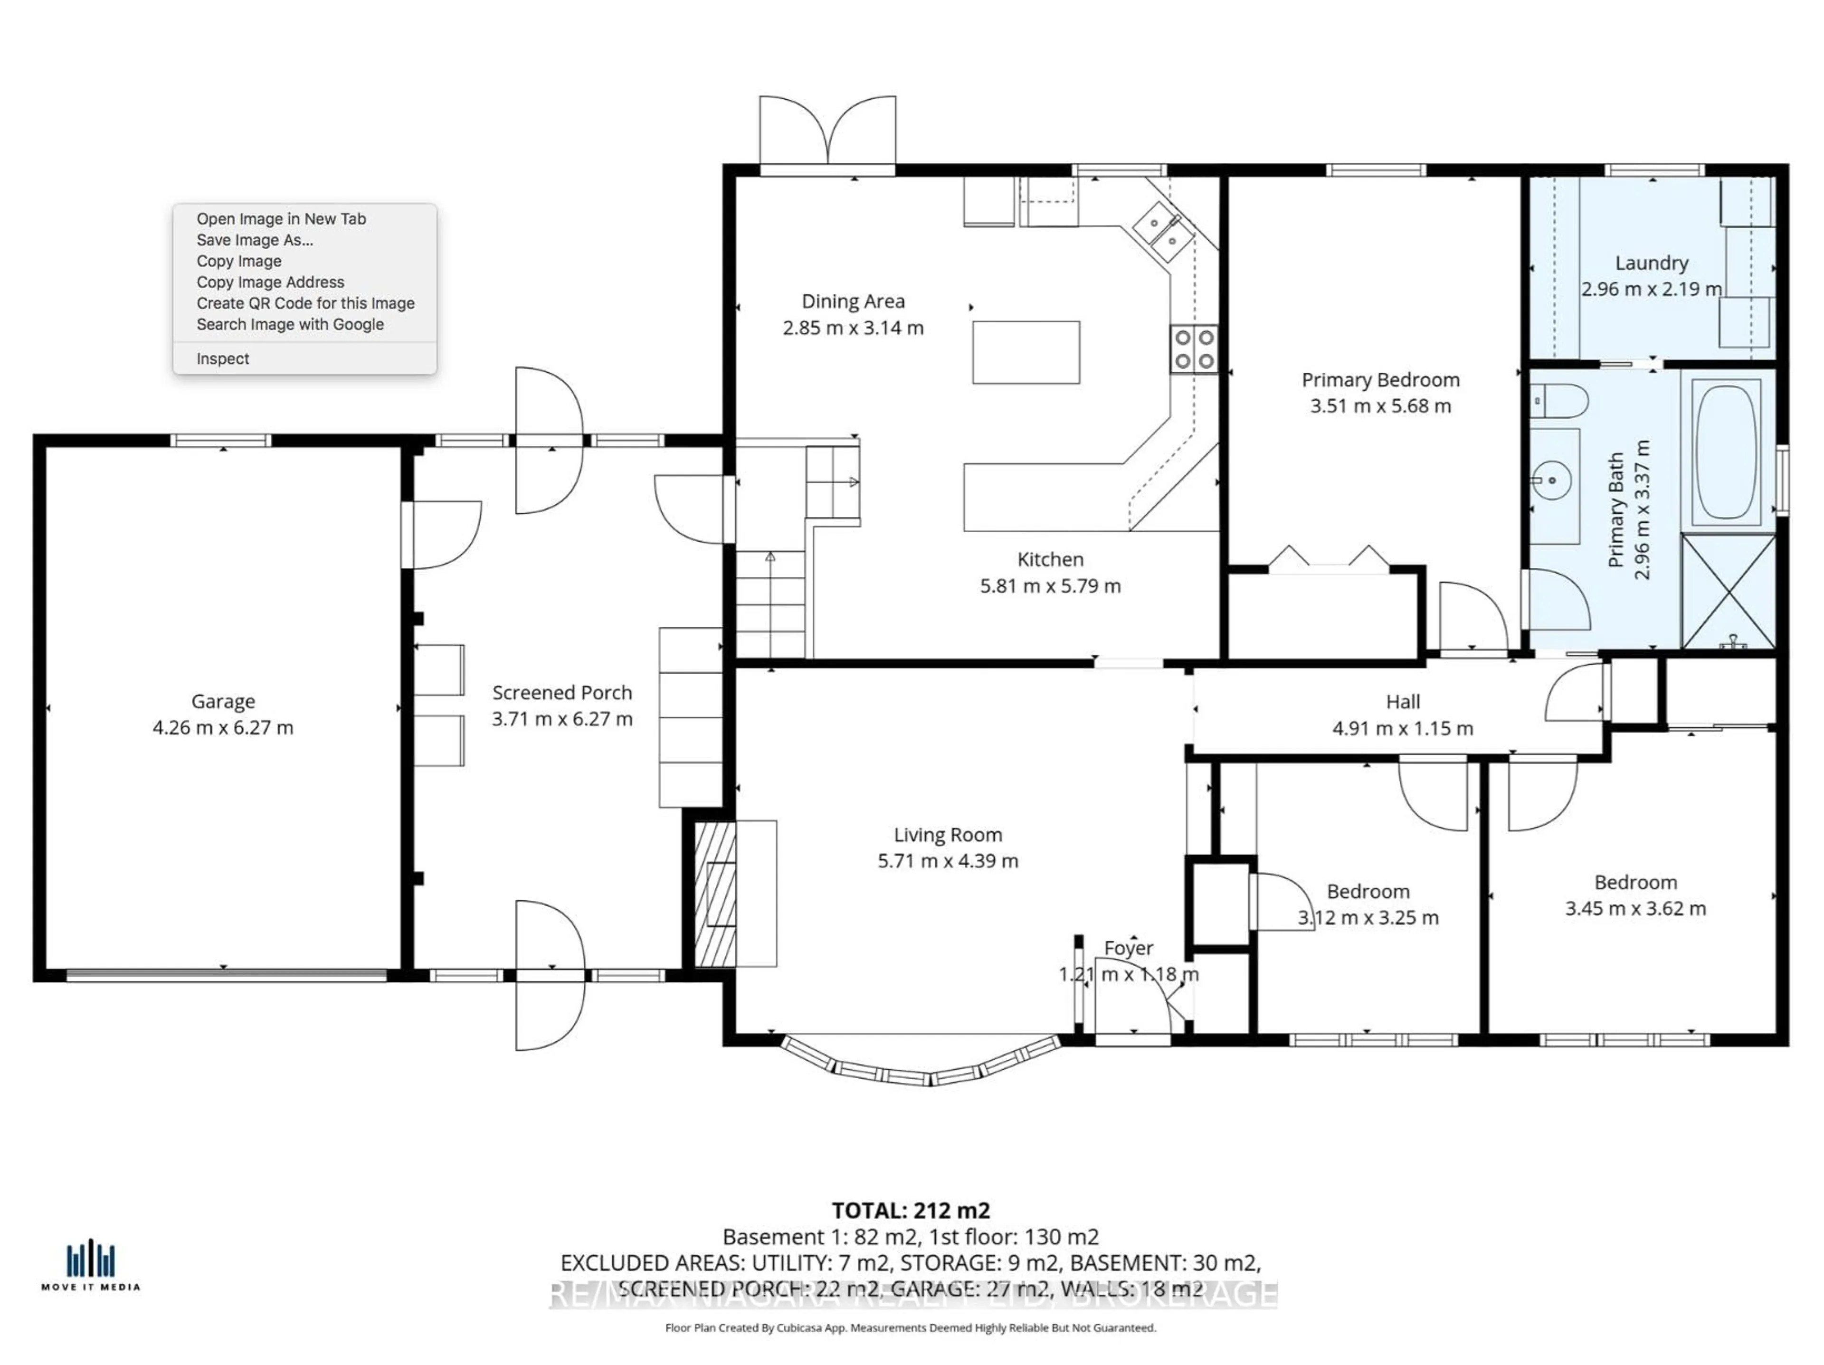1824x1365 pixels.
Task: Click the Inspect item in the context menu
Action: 223,358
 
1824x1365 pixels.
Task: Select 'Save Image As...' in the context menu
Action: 254,240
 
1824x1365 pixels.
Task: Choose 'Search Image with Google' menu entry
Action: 289,324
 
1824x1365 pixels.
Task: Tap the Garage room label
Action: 223,701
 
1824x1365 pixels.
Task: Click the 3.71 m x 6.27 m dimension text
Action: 562,719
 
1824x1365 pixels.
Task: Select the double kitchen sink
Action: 1163,230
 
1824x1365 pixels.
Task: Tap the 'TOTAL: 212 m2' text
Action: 911,1210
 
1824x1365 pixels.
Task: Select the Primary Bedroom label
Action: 1380,380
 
